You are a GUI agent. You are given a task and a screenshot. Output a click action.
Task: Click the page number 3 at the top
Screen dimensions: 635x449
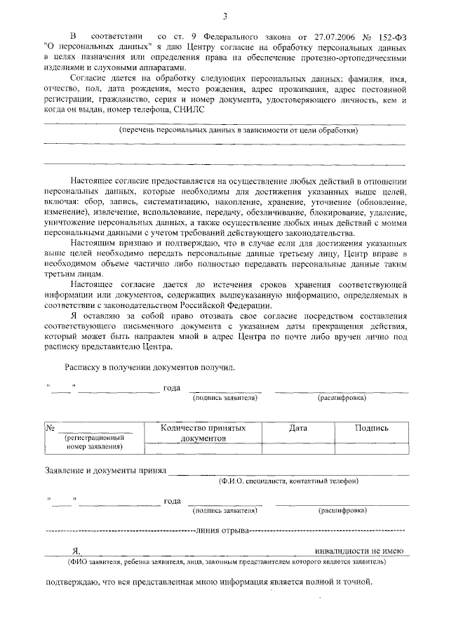click(224, 16)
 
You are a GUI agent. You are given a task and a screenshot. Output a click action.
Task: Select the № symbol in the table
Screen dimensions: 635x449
click(51, 427)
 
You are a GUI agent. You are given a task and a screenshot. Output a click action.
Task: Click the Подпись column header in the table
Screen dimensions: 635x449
click(371, 427)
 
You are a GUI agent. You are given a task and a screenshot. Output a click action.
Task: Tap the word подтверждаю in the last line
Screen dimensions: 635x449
click(72, 583)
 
